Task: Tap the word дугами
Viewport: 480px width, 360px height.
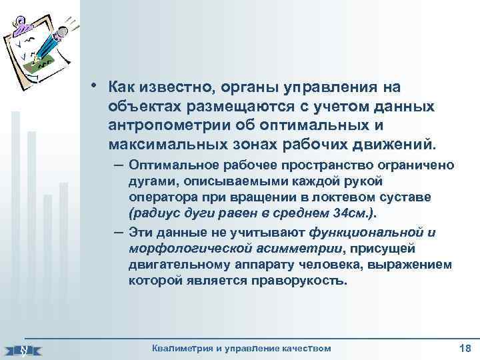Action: coord(150,181)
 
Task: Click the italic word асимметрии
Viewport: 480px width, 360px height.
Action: coord(300,249)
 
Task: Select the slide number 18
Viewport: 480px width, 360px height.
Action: coord(465,348)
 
